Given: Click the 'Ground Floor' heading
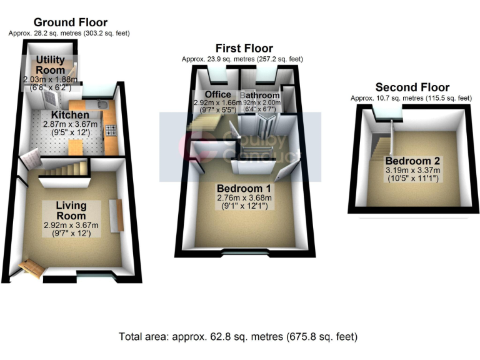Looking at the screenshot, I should [70, 22].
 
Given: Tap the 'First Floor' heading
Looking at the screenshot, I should [244, 48].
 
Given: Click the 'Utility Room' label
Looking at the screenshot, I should [50, 65].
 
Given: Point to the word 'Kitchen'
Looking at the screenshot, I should [69, 116].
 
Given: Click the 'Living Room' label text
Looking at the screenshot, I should [71, 211].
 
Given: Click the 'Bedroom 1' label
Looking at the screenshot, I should [244, 189].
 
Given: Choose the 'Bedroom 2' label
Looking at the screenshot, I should [412, 161].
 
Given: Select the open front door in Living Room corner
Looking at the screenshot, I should [31, 269].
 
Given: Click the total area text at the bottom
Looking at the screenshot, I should [239, 336].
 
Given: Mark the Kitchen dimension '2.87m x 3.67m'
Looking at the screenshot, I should [70, 125].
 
